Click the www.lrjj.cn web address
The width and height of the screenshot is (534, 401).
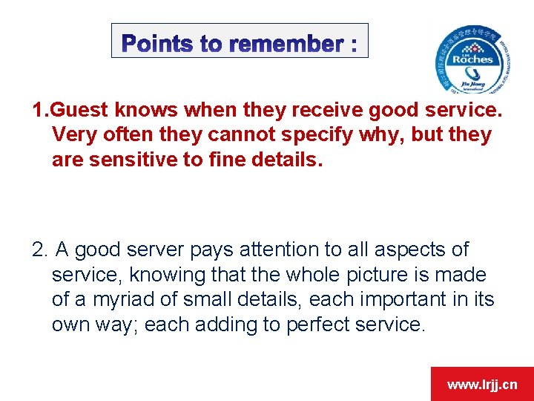point(482,385)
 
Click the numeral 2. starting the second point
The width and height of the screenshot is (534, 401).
point(41,250)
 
